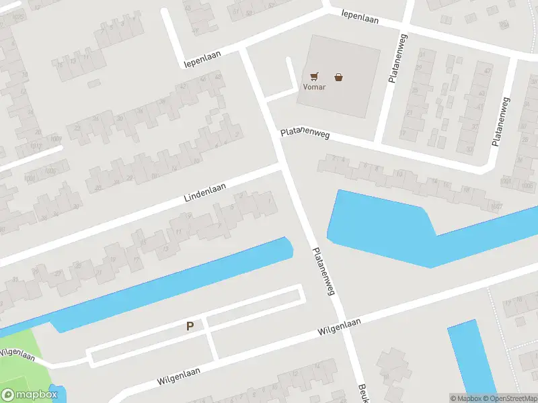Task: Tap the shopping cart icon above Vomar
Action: (315, 77)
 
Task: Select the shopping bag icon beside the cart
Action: (339, 77)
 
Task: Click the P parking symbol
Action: (190, 326)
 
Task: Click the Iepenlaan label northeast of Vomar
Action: (360, 17)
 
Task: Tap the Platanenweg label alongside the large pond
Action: (323, 271)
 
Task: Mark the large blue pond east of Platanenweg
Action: (377, 225)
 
